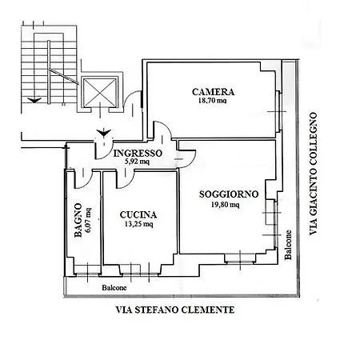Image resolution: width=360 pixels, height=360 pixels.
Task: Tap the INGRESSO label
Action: [x=138, y=153]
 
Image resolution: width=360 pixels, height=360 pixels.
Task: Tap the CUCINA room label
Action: [x=138, y=214]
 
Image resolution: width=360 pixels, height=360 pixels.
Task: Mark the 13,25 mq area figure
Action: [x=138, y=225]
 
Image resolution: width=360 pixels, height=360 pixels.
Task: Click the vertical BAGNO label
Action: [x=78, y=221]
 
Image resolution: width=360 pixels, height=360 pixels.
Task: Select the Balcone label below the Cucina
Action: [x=114, y=287]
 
